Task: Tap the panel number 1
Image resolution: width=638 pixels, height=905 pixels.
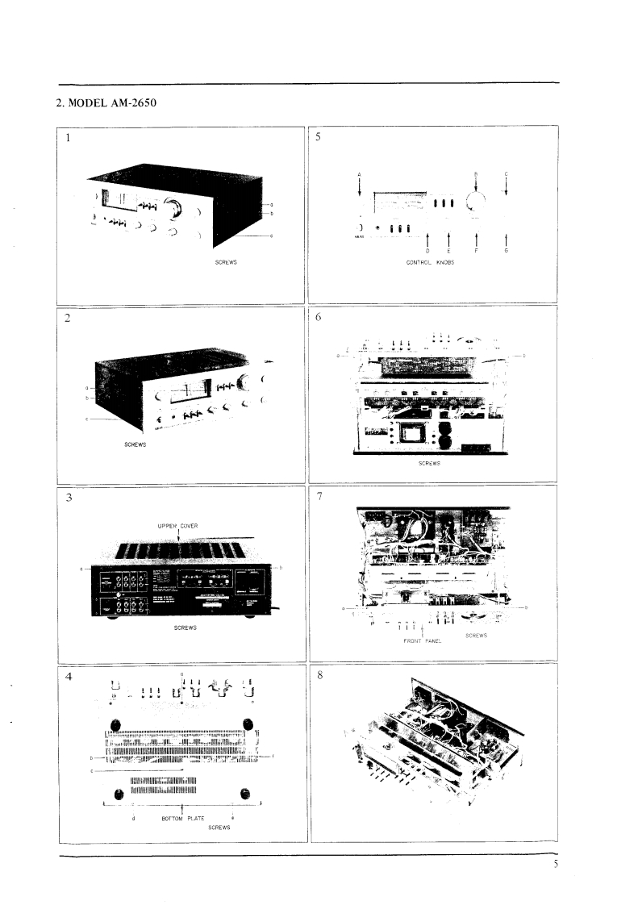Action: [x=69, y=137]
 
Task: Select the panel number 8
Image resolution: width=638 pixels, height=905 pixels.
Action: [x=319, y=676]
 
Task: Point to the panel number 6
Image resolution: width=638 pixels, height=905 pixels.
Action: [x=319, y=318]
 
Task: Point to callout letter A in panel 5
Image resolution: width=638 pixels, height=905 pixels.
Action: [x=359, y=173]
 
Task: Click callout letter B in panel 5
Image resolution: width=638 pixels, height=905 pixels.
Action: [x=476, y=173]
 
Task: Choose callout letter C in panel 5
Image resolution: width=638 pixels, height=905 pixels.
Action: [x=506, y=173]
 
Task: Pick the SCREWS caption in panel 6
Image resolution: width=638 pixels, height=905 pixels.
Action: [x=429, y=463]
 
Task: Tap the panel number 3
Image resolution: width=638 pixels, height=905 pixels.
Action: [x=69, y=497]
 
